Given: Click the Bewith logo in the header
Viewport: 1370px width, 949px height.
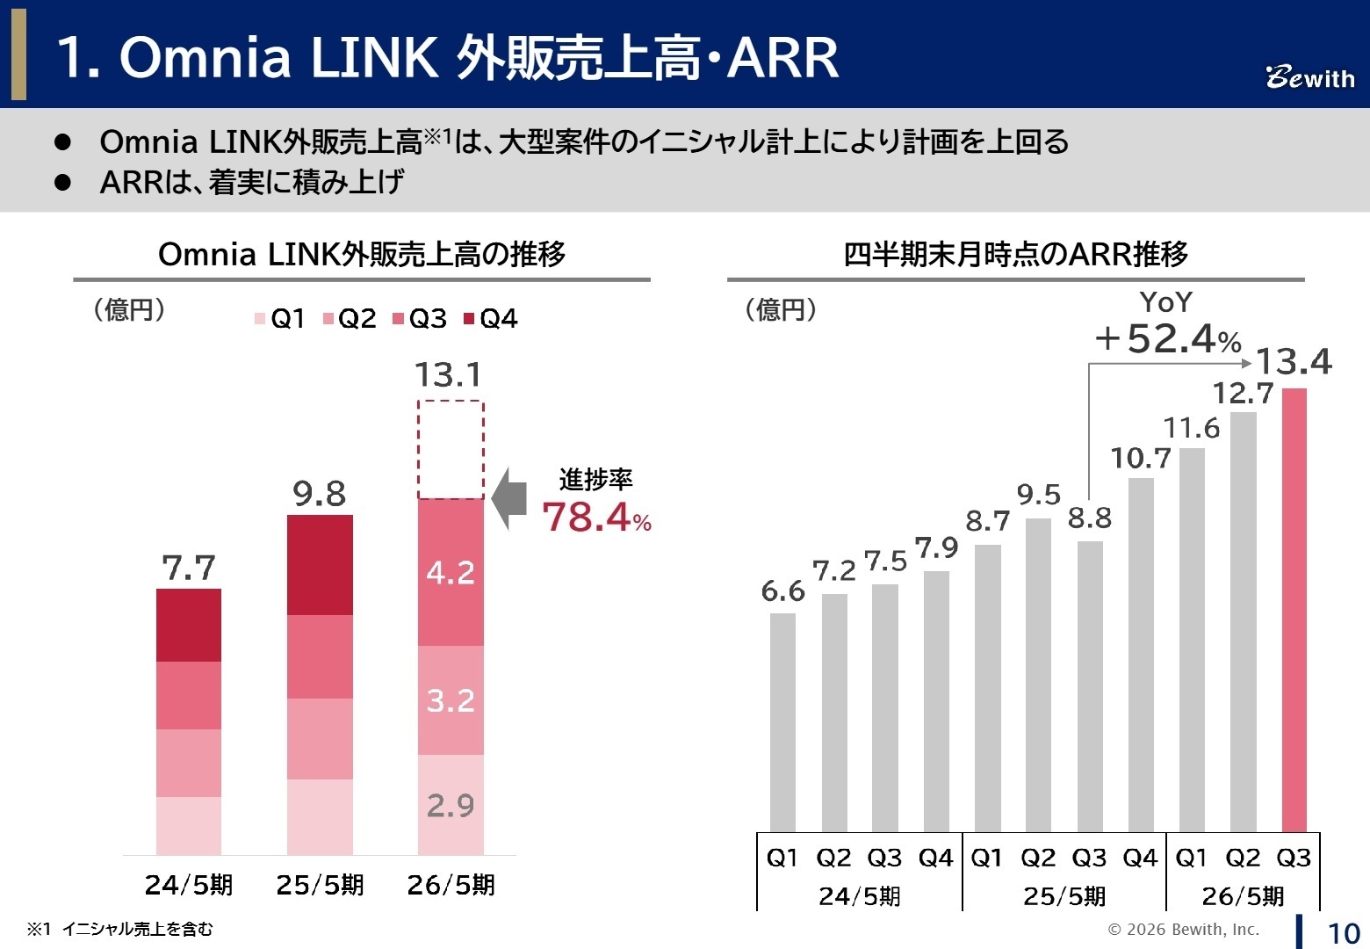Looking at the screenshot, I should [x=1309, y=77].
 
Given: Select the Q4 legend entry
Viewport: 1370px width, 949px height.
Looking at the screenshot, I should [x=491, y=318].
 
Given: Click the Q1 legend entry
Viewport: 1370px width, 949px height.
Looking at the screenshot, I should [x=280, y=318].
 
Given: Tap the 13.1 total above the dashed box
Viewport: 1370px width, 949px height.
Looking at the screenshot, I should [x=448, y=375].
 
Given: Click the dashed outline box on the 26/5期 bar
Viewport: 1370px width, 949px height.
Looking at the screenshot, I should [x=451, y=449].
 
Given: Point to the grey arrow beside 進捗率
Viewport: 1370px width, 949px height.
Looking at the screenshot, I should [x=509, y=499].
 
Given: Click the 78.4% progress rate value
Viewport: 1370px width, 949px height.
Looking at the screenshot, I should [x=595, y=518].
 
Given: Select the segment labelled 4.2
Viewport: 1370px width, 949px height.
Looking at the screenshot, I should [x=451, y=572].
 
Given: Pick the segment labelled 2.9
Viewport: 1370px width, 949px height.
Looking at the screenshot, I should [x=451, y=804].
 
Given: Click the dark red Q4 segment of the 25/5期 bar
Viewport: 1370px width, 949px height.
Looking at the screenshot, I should [x=320, y=564].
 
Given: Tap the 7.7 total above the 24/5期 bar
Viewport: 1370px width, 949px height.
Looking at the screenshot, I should [x=188, y=569].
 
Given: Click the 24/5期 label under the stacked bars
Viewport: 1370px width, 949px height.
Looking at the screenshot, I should [x=188, y=884].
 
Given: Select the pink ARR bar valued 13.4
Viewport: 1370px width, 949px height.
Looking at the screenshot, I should [x=1294, y=610].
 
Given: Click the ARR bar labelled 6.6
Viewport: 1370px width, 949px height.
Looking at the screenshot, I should [x=782, y=721].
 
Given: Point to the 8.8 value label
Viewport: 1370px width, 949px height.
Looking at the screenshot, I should [x=1089, y=518].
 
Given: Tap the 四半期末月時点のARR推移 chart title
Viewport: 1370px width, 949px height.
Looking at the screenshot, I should [x=1015, y=254].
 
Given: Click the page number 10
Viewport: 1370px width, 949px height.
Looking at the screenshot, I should [x=1343, y=932].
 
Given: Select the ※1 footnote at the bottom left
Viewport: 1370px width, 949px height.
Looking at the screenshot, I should [x=119, y=929].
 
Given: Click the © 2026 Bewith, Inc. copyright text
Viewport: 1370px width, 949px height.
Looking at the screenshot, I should [x=1183, y=929].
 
